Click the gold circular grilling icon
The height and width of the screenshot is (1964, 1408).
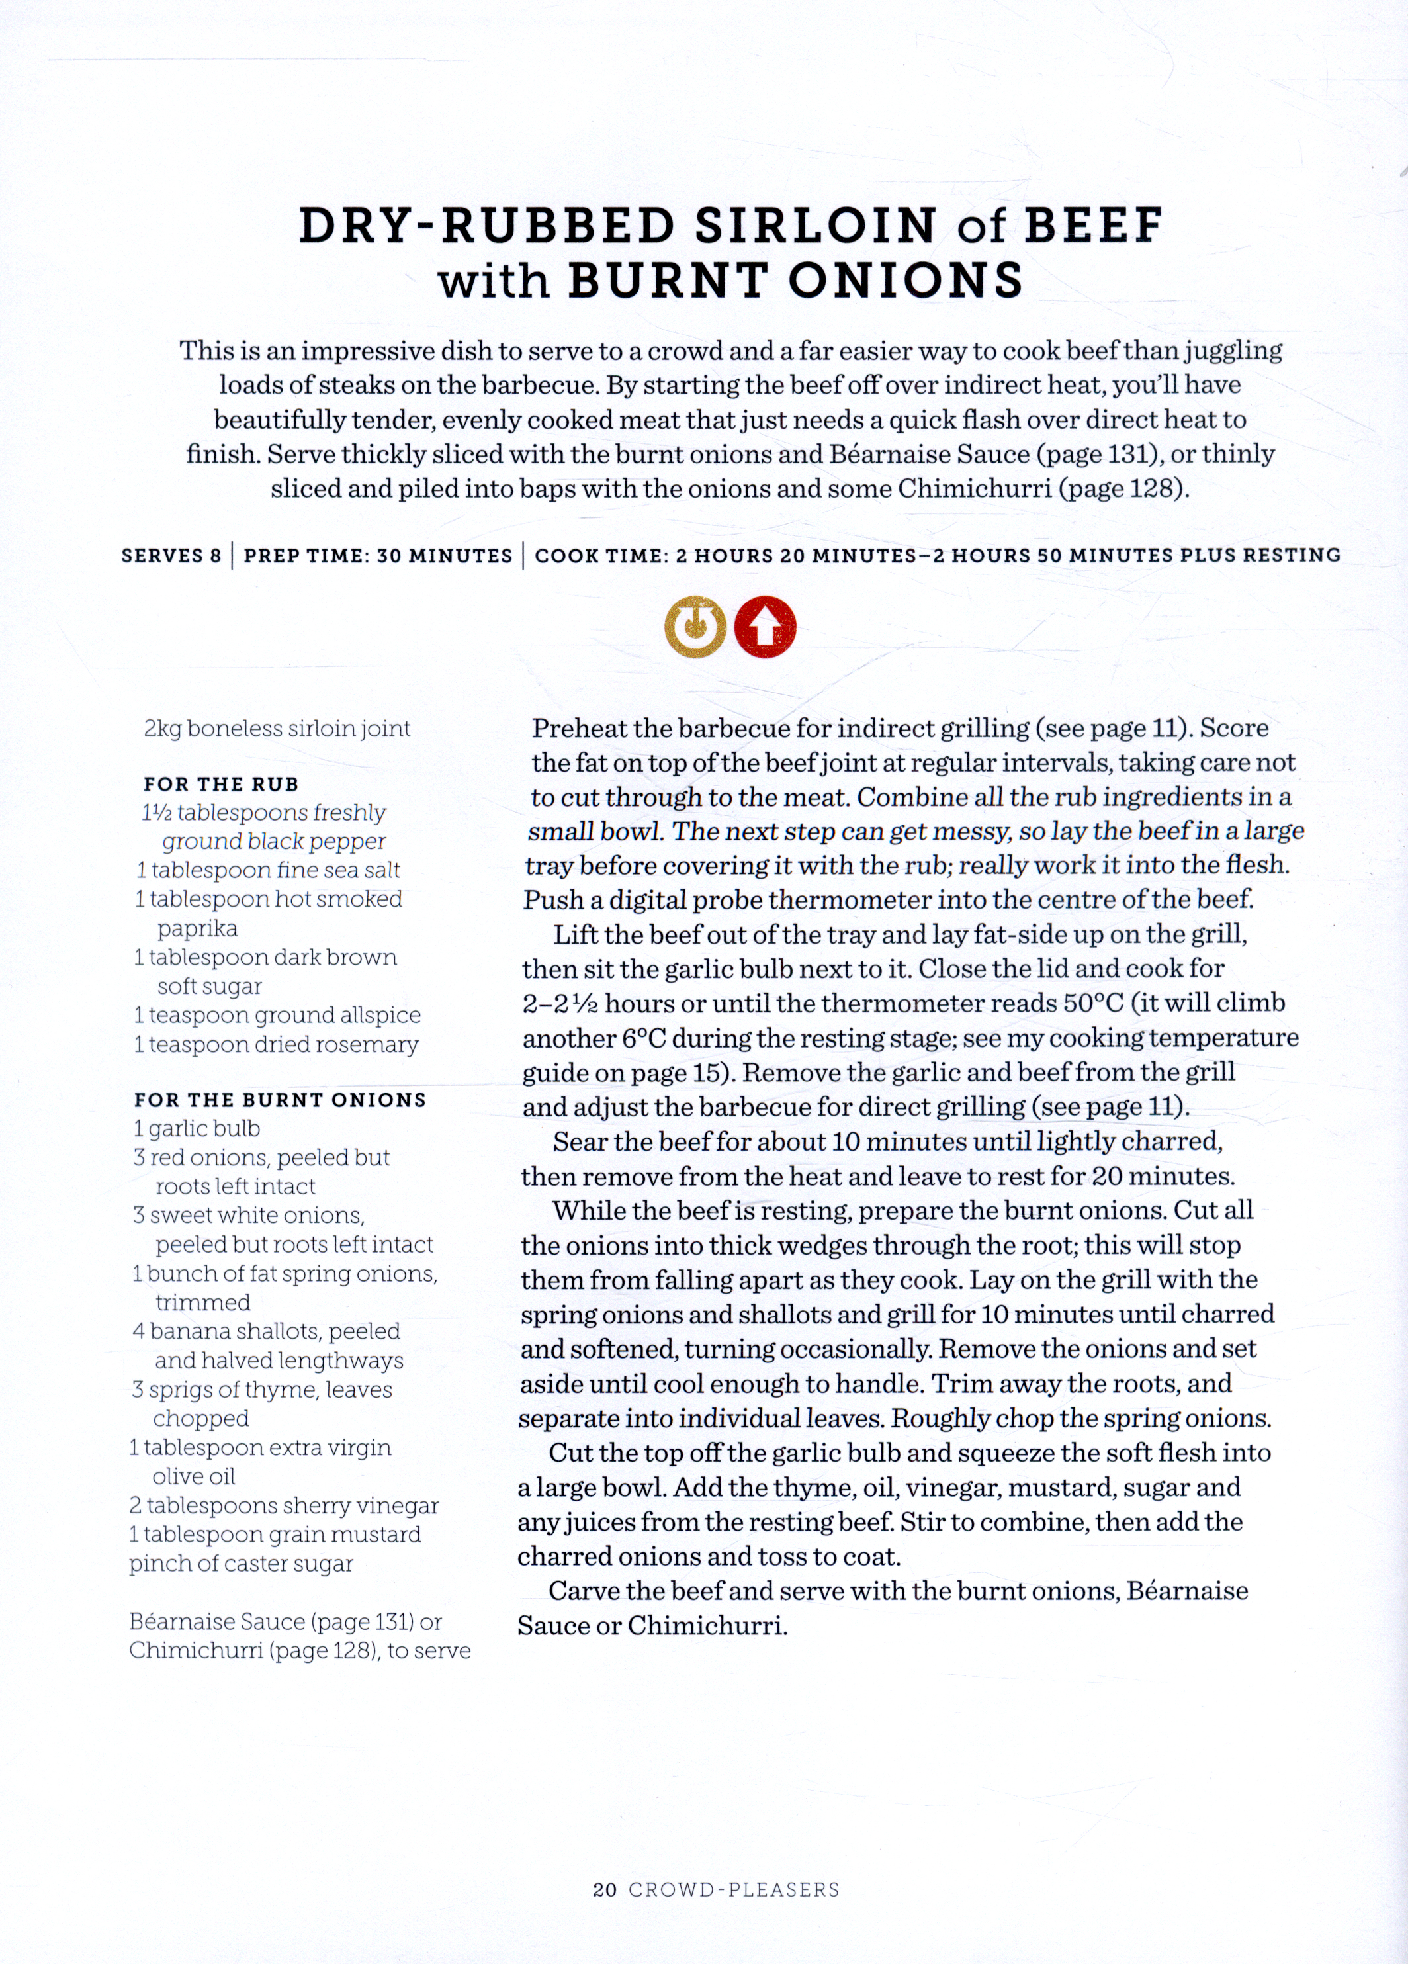[x=695, y=627]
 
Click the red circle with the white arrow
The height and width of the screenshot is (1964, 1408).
[x=765, y=627]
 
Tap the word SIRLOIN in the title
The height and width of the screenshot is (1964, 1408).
[x=816, y=226]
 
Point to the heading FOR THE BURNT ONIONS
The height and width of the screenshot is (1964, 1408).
[x=281, y=1100]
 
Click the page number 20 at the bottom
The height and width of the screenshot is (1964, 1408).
[x=604, y=1889]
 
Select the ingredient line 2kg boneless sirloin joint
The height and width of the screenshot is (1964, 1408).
[x=277, y=729]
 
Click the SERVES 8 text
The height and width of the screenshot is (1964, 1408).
[x=171, y=555]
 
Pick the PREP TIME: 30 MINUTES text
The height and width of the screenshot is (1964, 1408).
[x=378, y=555]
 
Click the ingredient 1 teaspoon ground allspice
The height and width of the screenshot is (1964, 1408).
[x=277, y=1015]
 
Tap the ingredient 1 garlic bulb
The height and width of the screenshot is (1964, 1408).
[x=197, y=1128]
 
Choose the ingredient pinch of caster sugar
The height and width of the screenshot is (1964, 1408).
[x=242, y=1564]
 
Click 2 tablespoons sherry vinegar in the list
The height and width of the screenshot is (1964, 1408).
[x=284, y=1506]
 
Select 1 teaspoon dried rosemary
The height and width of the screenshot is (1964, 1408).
[x=276, y=1044]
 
